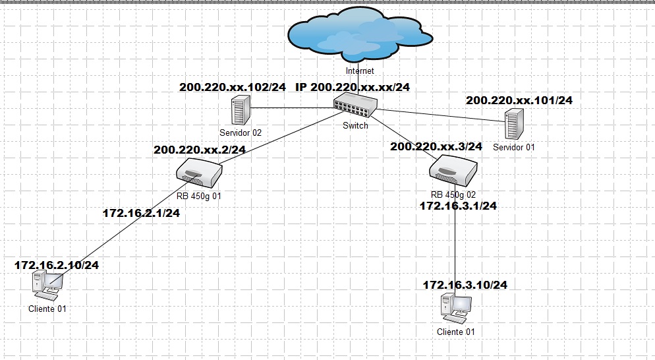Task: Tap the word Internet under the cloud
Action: pos(360,71)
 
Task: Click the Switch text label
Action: pos(355,125)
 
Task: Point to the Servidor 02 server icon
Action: pos(241,110)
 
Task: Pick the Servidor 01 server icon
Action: pos(514,123)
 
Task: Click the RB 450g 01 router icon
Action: pos(200,174)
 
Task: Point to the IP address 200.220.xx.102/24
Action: pos(232,87)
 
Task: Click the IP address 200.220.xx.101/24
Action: pos(519,100)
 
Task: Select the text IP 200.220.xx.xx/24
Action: pos(353,87)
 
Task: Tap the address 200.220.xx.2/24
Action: pos(199,150)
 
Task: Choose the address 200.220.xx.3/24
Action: pos(436,146)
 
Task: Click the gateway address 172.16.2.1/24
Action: pos(141,213)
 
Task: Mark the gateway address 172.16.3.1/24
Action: pos(458,206)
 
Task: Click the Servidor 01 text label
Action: pos(513,147)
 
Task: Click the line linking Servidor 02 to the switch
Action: pos(290,107)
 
